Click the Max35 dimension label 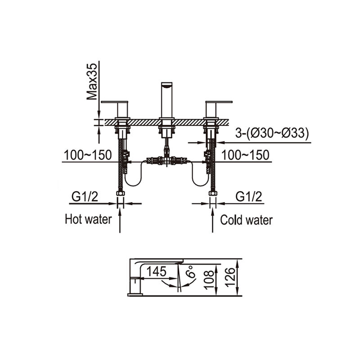(x=92, y=81)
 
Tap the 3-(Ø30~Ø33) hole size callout (x=272, y=133)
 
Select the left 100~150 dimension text (x=88, y=155)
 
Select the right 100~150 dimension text (x=245, y=155)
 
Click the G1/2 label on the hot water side (x=85, y=197)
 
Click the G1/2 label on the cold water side (x=249, y=197)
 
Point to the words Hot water (x=88, y=219)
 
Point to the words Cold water (x=246, y=220)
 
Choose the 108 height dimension (x=209, y=279)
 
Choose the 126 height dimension (x=230, y=277)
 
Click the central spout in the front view (x=166, y=100)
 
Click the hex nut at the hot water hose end (x=120, y=193)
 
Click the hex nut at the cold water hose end (x=213, y=193)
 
